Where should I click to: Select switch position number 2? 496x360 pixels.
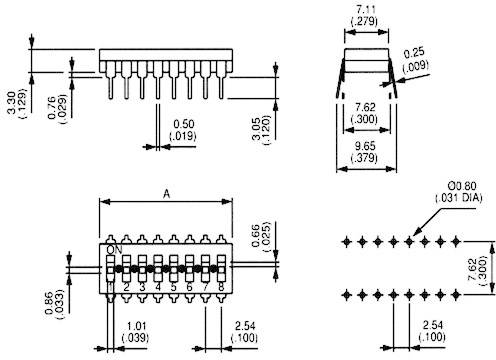(x=127, y=287)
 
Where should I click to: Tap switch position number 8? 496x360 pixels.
(x=221, y=287)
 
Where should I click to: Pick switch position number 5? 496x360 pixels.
(x=174, y=287)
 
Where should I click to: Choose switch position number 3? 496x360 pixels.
(x=143, y=287)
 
